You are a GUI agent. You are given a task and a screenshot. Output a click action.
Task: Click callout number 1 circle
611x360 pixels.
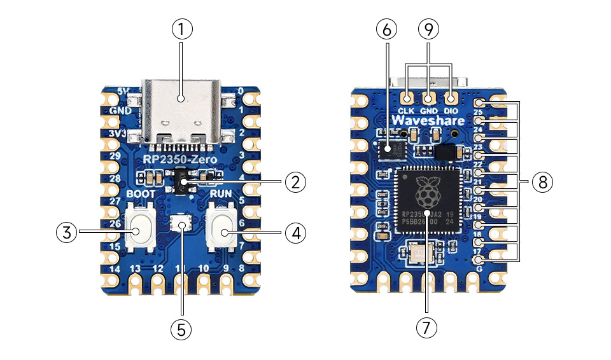[x=181, y=29]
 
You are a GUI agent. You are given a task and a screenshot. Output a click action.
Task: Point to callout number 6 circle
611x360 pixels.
[x=386, y=29]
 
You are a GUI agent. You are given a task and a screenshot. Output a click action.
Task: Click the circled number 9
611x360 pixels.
[x=428, y=29]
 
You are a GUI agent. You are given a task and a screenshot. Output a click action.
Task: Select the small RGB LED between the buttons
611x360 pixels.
[x=182, y=223]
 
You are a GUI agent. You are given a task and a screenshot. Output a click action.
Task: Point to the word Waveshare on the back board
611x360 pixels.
[x=427, y=120]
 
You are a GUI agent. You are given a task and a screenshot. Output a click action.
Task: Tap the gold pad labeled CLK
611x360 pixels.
[x=407, y=98]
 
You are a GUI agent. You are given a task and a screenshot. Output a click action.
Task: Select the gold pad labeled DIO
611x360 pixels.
[x=451, y=98]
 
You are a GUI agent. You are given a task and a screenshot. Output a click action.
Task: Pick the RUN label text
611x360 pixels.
[x=223, y=193]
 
